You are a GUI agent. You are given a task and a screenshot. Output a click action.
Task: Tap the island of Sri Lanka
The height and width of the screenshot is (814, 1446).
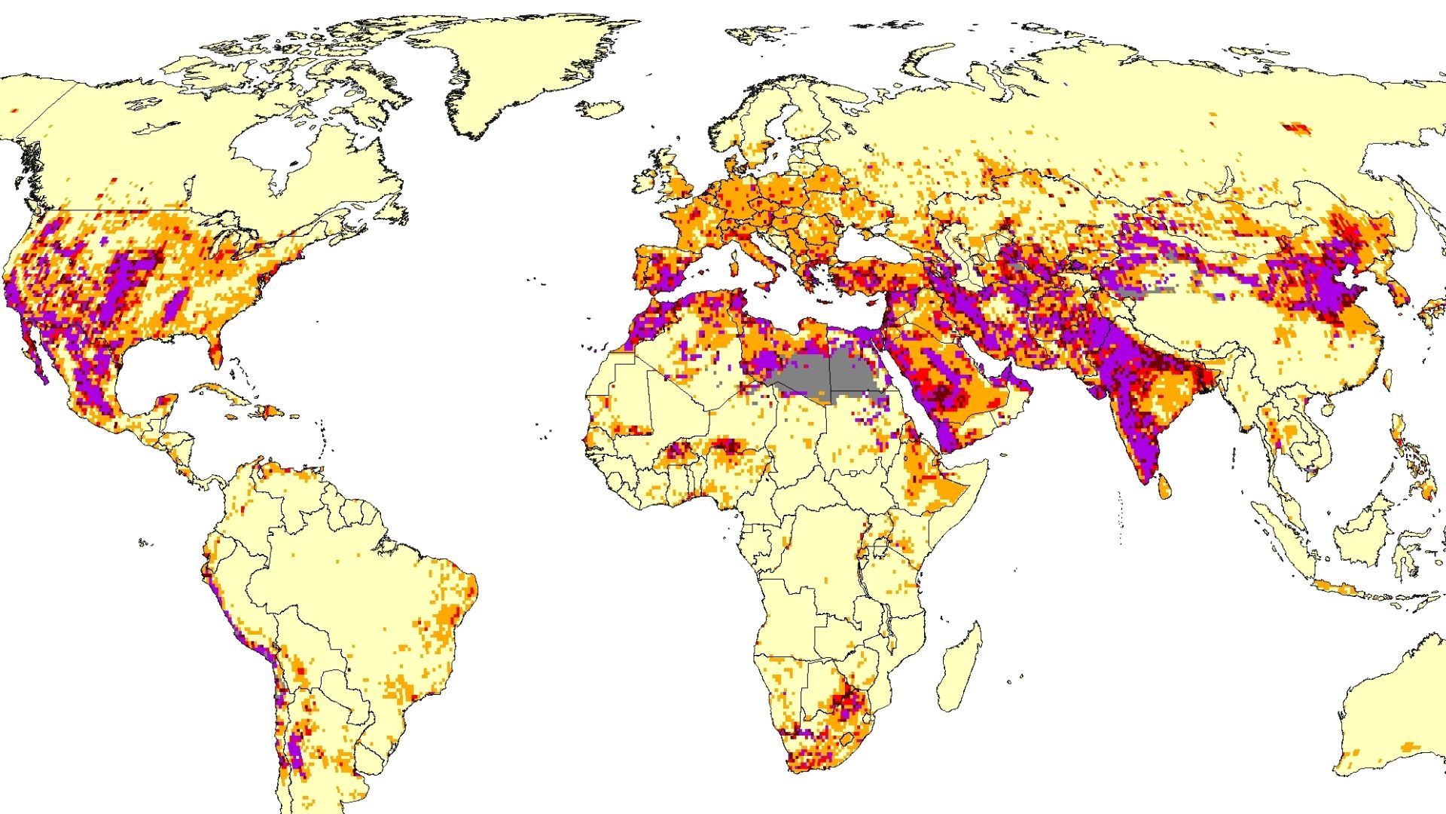click(x=1164, y=487)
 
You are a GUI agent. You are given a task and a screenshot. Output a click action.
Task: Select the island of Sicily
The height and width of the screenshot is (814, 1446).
click(x=768, y=284)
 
